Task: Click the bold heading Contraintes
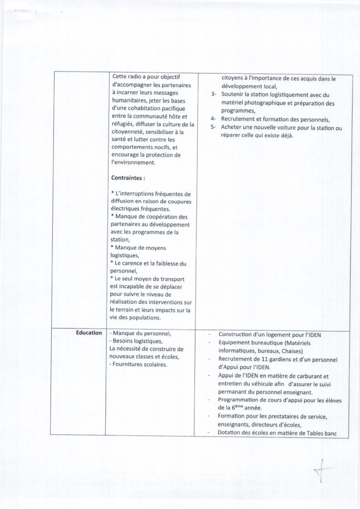[128, 177]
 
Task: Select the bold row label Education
[89, 333]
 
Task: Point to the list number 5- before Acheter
[213, 128]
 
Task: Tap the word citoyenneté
[131, 132]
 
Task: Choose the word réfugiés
[123, 124]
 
